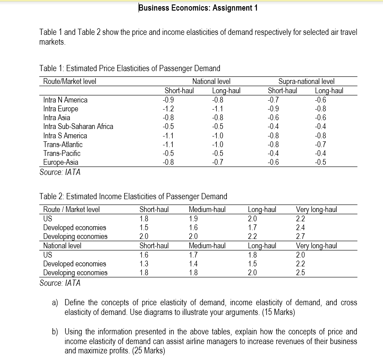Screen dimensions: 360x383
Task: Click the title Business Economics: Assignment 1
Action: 198,8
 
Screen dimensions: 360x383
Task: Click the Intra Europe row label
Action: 60,109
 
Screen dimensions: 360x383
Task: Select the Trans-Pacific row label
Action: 62,153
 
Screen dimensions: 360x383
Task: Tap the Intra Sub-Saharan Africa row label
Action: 78,126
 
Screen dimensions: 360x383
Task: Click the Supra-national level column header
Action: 306,81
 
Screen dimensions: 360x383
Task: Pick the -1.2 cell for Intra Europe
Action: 168,109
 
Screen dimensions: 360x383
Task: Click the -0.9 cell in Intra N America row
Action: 168,100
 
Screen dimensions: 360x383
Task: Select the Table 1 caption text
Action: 130,68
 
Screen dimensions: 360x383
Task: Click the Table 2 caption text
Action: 133,196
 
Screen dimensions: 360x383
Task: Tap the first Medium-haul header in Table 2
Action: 207,209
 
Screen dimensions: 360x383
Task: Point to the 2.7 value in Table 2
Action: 300,236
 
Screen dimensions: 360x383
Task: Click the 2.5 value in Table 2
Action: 300,273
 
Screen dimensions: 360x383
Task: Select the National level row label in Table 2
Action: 62,246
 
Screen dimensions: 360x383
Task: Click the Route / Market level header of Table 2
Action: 71,209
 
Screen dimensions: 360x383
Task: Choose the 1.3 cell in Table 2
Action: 144,264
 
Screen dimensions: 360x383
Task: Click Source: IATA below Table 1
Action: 60,172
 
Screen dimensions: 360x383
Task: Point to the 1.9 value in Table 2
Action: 193,218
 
